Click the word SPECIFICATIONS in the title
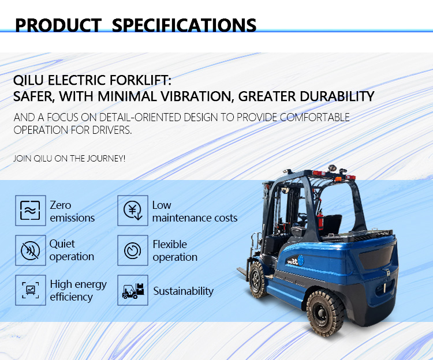coord(184,25)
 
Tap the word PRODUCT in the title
coord(58,25)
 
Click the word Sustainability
coord(183,291)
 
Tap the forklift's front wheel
coord(257,279)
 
